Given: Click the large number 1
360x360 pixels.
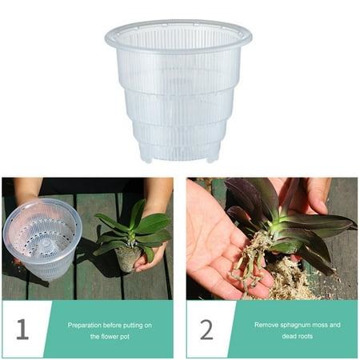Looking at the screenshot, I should tap(22, 328).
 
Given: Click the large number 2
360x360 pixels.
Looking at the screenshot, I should tap(206, 328).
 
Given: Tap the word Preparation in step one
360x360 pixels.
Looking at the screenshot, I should tap(87, 325).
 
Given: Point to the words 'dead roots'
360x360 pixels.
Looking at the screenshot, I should tap(297, 335).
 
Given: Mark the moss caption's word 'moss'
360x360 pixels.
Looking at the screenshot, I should tap(324, 325).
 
